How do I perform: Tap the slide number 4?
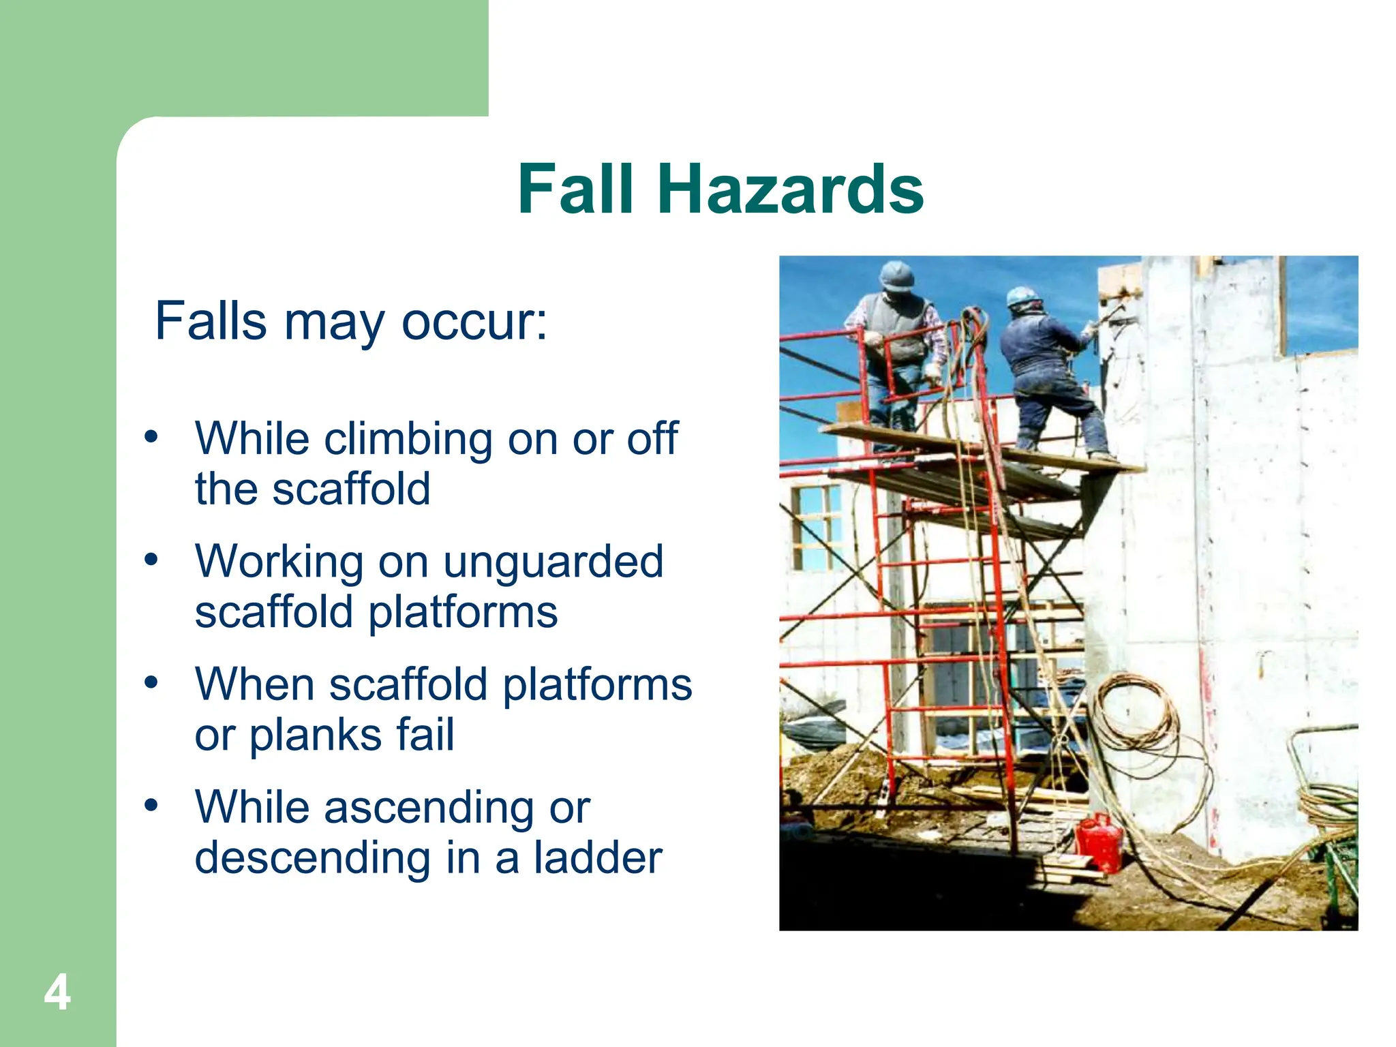click(x=57, y=993)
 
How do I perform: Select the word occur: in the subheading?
click(x=474, y=321)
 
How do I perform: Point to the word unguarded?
click(x=553, y=562)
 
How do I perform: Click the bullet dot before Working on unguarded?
click(x=151, y=560)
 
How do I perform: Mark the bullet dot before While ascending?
click(x=151, y=805)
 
